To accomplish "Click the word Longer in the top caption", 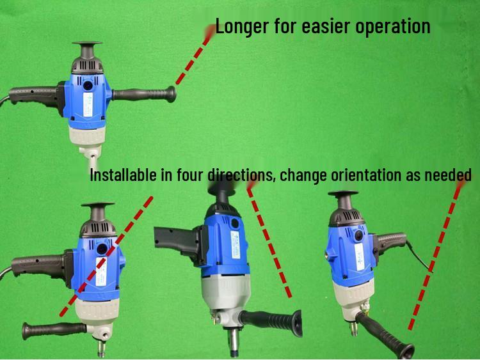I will (x=240, y=27).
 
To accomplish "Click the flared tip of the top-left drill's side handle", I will (x=172, y=95).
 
